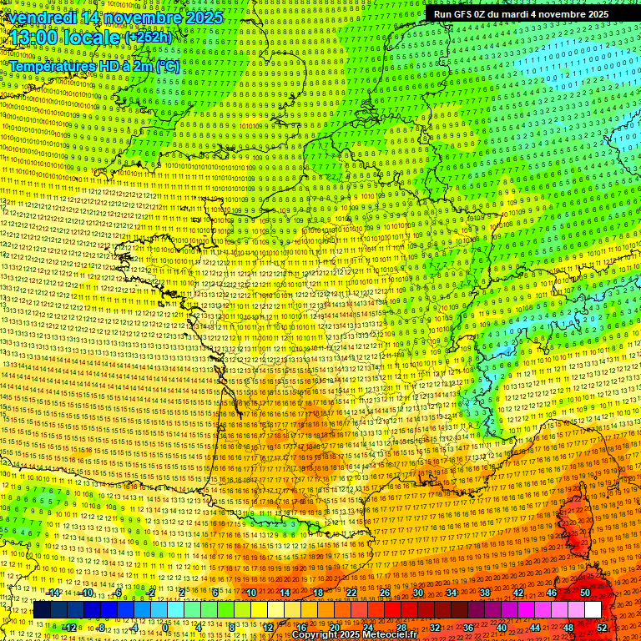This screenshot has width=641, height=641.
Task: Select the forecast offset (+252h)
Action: pos(148,38)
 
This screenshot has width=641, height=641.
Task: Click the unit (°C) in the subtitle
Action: pos(167,67)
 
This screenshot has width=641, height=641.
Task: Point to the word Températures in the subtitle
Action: pos(50,67)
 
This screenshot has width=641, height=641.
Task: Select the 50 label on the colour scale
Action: pos(584,593)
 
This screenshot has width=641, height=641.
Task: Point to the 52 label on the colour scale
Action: pos(602,628)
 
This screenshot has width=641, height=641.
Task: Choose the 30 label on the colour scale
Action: pos(417,593)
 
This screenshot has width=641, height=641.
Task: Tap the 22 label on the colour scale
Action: pos(351,593)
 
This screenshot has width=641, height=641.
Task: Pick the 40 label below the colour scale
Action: pos(501,628)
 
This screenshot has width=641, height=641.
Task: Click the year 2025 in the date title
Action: pos(204,18)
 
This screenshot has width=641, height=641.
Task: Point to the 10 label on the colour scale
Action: pos(251,593)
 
